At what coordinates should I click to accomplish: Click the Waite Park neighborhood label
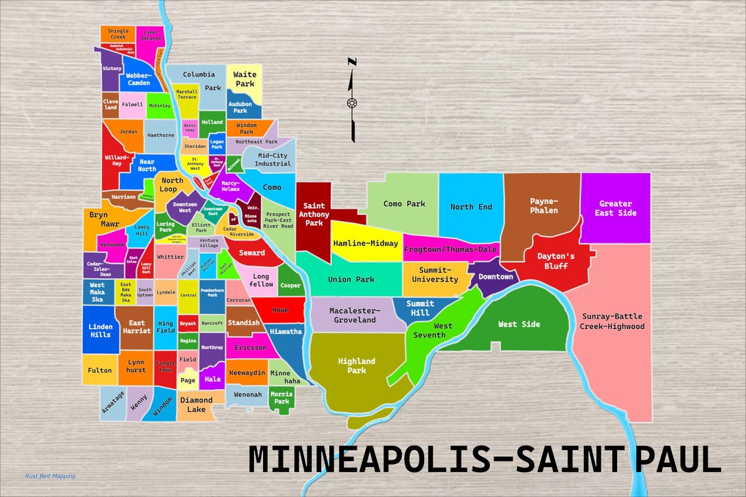point(245,79)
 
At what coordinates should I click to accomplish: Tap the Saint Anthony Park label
point(314,214)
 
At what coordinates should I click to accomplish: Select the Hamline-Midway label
point(365,243)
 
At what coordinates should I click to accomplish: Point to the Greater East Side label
point(617,208)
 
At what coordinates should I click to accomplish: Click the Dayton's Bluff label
point(556,261)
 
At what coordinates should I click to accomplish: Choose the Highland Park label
point(357,366)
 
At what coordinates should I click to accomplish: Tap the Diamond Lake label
point(196,405)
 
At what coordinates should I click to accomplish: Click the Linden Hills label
point(100,330)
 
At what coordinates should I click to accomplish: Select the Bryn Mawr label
point(99,219)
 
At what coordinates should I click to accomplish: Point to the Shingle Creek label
point(118,33)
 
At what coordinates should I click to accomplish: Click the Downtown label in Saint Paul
point(495,277)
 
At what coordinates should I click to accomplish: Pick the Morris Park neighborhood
point(281,398)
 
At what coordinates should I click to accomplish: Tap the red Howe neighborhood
point(279,309)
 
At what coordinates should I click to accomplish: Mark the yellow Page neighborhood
point(188,381)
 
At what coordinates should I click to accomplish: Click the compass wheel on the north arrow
point(352,103)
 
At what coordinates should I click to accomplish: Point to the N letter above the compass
point(352,61)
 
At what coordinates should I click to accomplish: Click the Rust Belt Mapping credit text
point(50,476)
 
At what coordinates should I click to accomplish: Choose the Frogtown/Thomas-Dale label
point(451,249)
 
